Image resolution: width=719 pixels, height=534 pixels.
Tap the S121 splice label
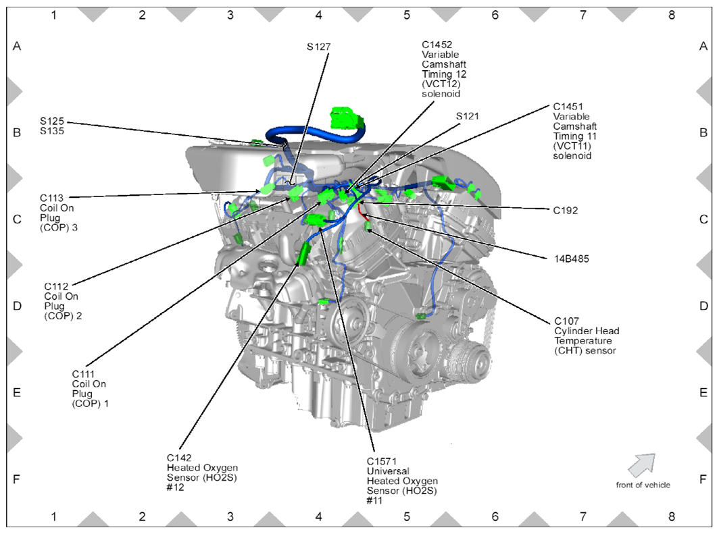(x=468, y=116)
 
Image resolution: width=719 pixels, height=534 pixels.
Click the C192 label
(x=566, y=211)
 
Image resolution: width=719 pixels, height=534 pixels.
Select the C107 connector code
(x=566, y=321)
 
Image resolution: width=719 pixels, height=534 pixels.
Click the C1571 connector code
(x=381, y=461)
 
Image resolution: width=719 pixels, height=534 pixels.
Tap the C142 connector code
(x=181, y=458)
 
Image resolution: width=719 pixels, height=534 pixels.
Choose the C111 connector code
(x=84, y=374)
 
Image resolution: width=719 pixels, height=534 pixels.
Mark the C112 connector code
(x=57, y=286)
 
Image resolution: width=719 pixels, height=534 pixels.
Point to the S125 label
(x=52, y=122)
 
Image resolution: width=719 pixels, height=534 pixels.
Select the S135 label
(x=52, y=132)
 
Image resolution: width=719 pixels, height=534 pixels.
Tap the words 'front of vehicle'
(x=643, y=485)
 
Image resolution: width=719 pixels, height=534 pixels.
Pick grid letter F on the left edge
(x=18, y=479)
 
